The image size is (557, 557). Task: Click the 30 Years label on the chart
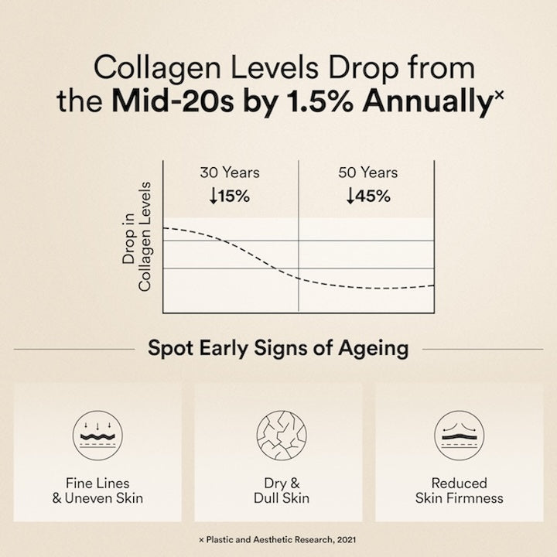tap(229, 173)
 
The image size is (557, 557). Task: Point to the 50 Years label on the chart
tap(367, 173)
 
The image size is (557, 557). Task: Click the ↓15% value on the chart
tap(229, 196)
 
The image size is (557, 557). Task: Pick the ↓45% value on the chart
tap(367, 196)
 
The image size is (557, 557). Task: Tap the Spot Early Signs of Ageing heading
tap(278, 348)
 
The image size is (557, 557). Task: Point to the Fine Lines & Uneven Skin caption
tap(97, 490)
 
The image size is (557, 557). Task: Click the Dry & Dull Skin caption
tap(278, 490)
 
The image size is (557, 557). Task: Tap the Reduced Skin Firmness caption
tap(459, 490)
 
